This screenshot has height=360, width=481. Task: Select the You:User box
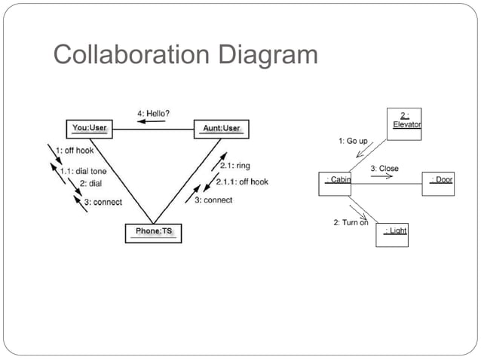[x=89, y=129]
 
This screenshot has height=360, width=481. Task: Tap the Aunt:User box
[x=222, y=129]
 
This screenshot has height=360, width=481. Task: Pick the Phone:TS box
[x=153, y=233]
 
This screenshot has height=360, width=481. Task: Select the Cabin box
[x=335, y=183]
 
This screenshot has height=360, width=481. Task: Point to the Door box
[x=439, y=183]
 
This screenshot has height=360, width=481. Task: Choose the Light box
[x=392, y=233]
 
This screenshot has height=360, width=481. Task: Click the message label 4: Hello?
[x=153, y=113]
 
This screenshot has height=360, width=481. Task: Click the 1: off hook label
[x=75, y=151]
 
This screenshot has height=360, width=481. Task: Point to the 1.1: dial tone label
[x=81, y=171]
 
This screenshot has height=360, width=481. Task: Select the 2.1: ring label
[x=234, y=166]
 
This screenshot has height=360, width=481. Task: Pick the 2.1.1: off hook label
[x=242, y=182]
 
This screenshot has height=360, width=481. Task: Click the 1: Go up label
[x=353, y=141]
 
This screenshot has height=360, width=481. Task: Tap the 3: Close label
[x=384, y=169]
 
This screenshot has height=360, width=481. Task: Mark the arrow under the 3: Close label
[x=382, y=177]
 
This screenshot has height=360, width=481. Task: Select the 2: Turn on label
[x=351, y=222]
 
